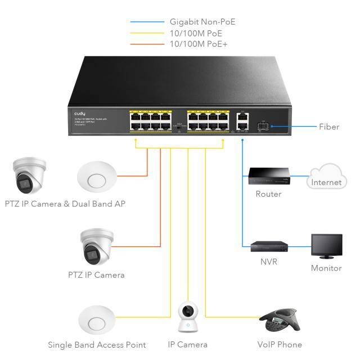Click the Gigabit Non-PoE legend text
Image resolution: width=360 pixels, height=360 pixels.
tap(202, 22)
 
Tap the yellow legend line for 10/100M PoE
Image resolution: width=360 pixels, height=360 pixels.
tap(147, 33)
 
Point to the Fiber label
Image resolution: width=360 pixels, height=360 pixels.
tap(329, 127)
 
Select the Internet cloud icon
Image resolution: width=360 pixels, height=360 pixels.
tap(326, 177)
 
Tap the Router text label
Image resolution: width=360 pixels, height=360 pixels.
tap(268, 194)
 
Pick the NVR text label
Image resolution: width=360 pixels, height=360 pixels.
tap(268, 262)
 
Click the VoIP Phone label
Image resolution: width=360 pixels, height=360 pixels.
tap(280, 344)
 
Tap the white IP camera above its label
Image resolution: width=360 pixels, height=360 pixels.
tap(187, 318)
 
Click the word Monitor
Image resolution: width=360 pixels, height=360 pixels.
tap(326, 268)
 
